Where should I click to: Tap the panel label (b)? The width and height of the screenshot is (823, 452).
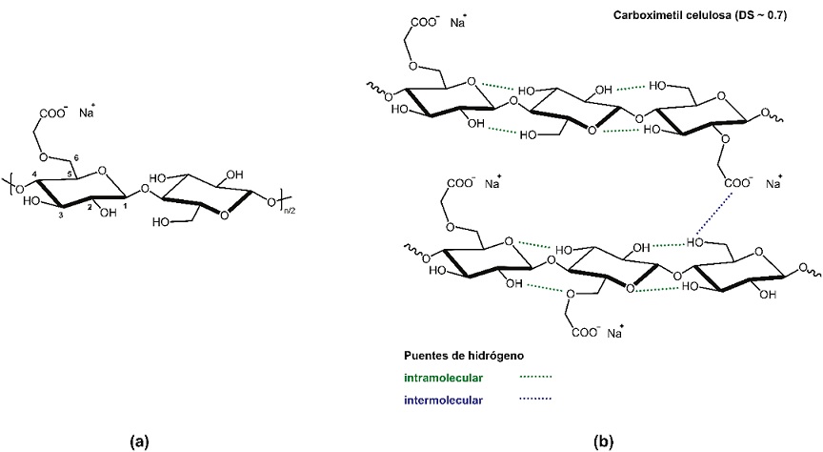click(x=604, y=441)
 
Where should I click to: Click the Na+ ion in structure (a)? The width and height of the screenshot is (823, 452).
click(x=88, y=113)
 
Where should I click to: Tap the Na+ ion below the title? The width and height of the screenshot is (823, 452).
click(x=457, y=18)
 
